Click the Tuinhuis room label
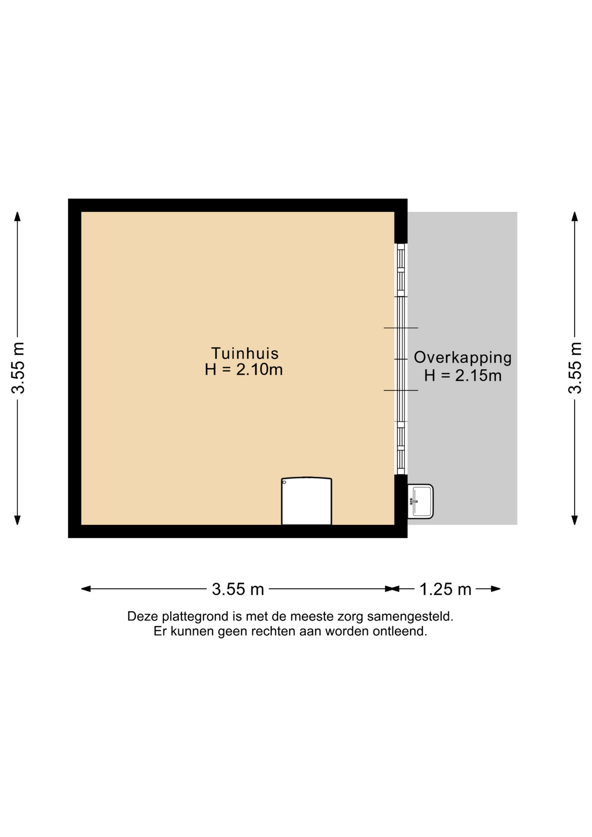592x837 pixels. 245,353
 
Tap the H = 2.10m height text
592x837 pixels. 244,370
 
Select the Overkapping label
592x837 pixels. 463,358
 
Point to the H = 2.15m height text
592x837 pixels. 463,375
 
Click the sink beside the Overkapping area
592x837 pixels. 420,501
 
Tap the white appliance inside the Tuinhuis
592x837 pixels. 306,501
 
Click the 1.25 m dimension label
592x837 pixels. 446,589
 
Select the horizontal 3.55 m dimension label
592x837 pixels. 238,589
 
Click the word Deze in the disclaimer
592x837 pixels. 143,616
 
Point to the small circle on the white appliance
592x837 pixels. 284,482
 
